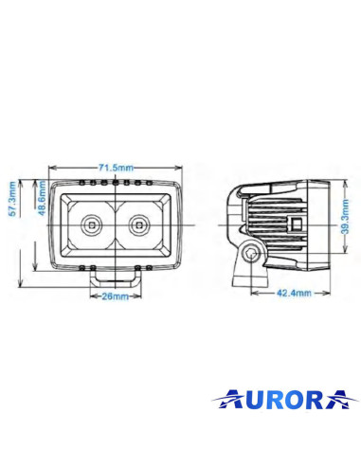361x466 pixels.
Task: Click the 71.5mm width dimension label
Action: (x=114, y=167)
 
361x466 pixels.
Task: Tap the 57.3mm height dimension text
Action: (x=12, y=201)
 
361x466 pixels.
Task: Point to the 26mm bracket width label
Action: (x=116, y=296)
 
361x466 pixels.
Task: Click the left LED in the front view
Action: (x=92, y=224)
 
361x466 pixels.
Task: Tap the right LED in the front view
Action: (x=140, y=224)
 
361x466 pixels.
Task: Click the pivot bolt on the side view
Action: (x=249, y=253)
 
